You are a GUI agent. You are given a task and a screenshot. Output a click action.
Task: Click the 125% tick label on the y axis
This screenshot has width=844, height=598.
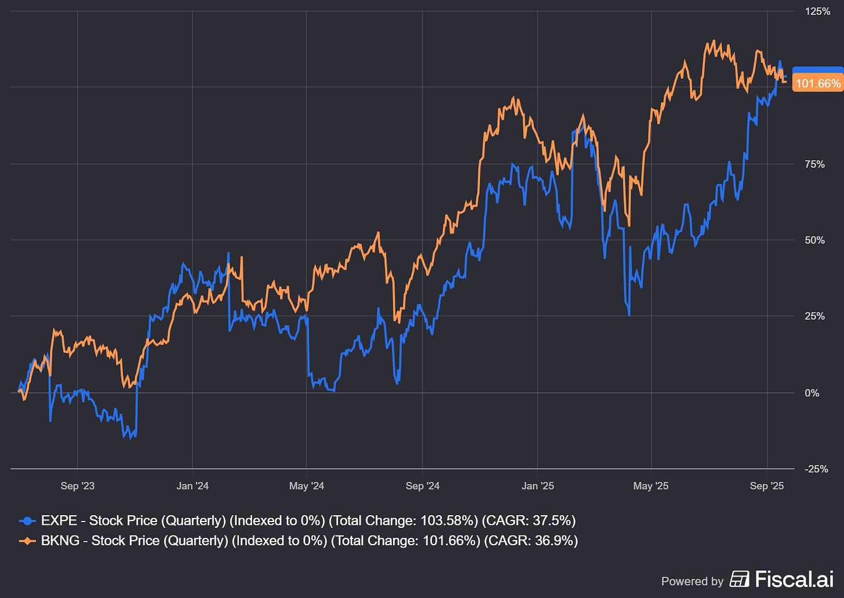(817, 11)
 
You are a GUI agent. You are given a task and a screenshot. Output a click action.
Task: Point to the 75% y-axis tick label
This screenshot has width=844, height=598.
(815, 164)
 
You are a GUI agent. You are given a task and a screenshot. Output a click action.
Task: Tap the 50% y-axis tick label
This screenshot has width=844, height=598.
(815, 240)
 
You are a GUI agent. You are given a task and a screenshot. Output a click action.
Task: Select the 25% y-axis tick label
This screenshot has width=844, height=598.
(815, 316)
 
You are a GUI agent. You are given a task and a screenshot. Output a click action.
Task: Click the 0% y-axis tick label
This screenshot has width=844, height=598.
(812, 393)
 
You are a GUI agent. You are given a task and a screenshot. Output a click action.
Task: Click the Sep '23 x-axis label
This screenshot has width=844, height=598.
(77, 486)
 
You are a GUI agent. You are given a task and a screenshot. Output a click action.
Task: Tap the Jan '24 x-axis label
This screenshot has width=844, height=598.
(192, 486)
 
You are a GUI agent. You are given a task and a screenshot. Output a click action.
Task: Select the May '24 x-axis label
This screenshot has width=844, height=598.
(306, 486)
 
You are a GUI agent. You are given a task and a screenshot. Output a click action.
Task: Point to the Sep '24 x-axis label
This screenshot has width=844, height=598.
(423, 486)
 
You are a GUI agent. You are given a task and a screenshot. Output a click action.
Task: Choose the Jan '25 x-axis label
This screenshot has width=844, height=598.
(537, 486)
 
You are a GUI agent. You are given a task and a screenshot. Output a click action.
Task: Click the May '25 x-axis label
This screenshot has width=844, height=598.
(651, 486)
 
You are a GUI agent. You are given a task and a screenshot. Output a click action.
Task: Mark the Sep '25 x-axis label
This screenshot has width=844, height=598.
(766, 486)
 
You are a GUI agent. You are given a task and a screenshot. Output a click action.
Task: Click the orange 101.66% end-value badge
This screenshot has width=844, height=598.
(818, 83)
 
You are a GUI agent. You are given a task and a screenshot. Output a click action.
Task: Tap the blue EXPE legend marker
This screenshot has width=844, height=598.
(27, 520)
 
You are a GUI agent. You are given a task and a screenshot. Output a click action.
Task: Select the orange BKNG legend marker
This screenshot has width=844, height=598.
(27, 541)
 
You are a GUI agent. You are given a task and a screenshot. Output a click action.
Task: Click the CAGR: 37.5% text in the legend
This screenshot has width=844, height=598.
(529, 520)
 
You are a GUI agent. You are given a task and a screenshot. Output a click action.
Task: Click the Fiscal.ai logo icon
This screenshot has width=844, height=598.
(739, 579)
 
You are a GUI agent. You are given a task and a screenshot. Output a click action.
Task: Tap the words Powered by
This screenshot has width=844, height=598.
(692, 581)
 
